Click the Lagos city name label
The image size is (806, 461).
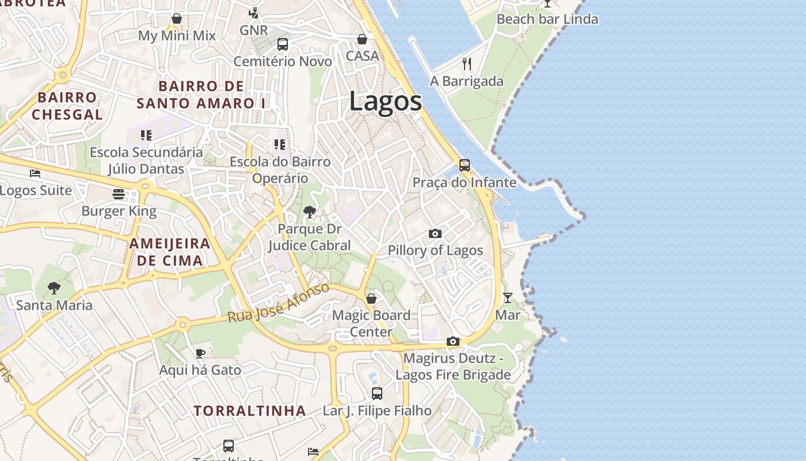[385, 102]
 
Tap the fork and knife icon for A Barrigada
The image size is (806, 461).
[467, 63]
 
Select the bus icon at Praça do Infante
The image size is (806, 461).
[465, 165]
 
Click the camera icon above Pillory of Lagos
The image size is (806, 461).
[435, 233]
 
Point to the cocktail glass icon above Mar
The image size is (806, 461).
[508, 298]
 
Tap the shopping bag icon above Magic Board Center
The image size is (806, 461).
[371, 298]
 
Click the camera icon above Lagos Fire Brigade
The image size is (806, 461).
[453, 342]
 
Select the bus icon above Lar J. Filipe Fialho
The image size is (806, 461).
[377, 394]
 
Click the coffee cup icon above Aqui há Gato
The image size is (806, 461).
[200, 353]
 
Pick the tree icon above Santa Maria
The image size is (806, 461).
[54, 288]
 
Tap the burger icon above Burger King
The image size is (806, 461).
[119, 194]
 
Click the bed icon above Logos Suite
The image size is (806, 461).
[35, 173]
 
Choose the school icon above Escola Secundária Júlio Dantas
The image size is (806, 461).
[146, 135]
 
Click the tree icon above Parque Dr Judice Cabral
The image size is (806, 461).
[310, 212]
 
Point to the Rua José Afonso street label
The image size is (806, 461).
[279, 303]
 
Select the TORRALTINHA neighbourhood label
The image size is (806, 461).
[250, 411]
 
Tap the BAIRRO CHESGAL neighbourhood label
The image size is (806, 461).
[67, 105]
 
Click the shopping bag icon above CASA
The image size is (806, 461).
[362, 39]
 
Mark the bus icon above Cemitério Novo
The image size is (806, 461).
[283, 44]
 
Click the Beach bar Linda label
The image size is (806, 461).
[547, 19]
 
